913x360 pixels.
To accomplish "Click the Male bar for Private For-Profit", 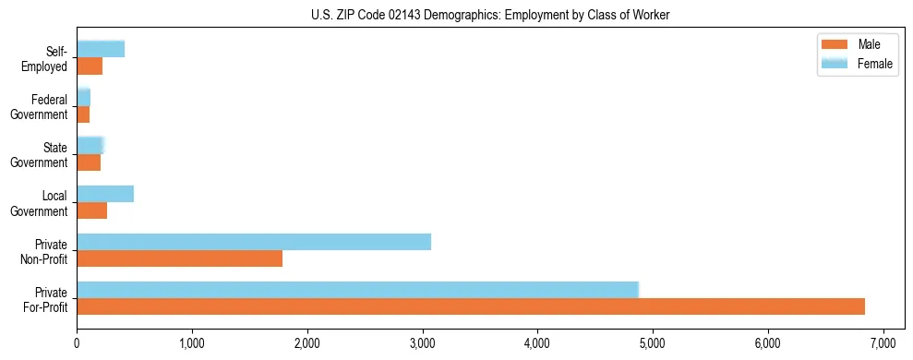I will point(471,306).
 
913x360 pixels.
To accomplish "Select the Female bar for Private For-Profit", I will point(357,290).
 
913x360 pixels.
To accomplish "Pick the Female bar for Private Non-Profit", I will point(254,242).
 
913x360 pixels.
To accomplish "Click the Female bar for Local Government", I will point(105,194).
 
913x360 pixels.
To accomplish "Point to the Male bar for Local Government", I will point(91,210).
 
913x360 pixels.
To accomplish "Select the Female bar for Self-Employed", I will point(101,49).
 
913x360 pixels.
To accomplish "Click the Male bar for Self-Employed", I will point(90,66).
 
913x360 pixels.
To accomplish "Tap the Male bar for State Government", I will point(89,162).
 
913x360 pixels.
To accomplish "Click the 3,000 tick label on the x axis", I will point(422,343).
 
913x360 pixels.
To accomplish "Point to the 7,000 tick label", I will point(883,343).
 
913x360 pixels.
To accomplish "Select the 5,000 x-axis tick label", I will point(653,343).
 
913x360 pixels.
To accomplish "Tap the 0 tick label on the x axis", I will point(77,343).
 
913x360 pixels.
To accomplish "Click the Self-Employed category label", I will point(46,59).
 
